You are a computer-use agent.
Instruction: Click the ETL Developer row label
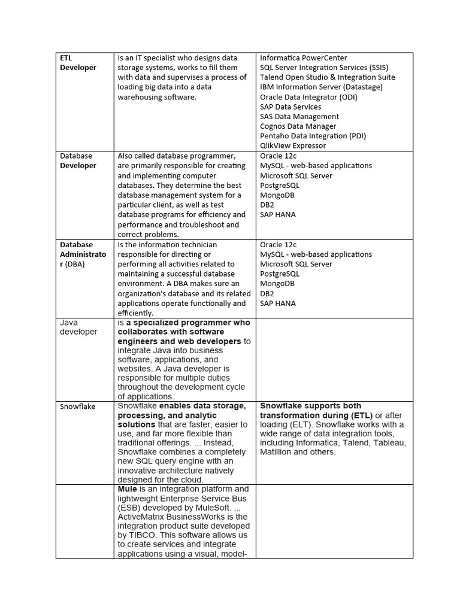pyautogui.click(x=77, y=63)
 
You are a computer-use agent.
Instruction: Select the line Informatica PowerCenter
pyautogui.click(x=303, y=58)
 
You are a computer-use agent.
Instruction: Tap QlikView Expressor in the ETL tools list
pyautogui.click(x=293, y=145)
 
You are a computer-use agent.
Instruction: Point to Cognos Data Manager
pyautogui.click(x=298, y=126)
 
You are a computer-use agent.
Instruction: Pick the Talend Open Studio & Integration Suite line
pyautogui.click(x=327, y=77)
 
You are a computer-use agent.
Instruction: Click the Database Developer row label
pyautogui.click(x=77, y=160)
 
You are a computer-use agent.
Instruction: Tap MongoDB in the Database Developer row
pyautogui.click(x=277, y=195)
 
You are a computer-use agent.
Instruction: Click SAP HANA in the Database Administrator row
pyautogui.click(x=278, y=304)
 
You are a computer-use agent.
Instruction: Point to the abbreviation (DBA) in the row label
pyautogui.click(x=75, y=264)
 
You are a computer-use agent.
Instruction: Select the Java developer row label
pyautogui.click(x=78, y=327)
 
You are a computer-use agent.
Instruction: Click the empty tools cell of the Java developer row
pyautogui.click(x=335, y=359)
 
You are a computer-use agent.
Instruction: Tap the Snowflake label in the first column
pyautogui.click(x=77, y=406)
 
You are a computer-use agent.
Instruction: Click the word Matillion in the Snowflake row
pyautogui.click(x=278, y=452)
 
